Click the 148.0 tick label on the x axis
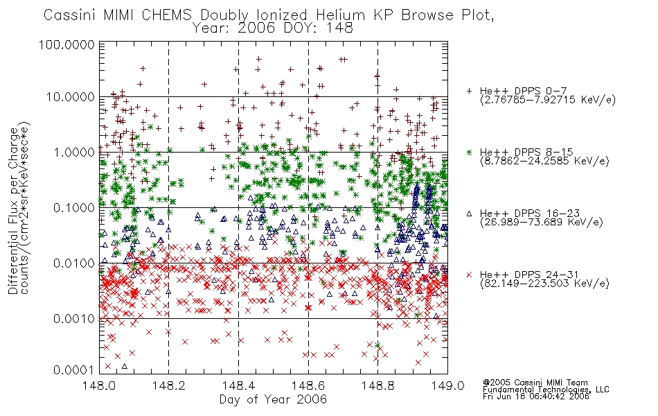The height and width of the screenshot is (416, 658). click(x=100, y=385)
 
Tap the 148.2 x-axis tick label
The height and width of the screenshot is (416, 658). click(x=169, y=385)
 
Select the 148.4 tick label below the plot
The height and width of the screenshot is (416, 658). click(x=239, y=385)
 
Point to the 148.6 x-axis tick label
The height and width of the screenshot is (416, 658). click(x=308, y=385)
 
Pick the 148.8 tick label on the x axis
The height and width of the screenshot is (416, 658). click(x=378, y=385)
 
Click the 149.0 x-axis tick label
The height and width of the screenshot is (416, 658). click(x=447, y=385)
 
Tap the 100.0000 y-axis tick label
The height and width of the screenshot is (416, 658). click(x=66, y=44)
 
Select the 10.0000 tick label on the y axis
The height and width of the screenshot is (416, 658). click(x=71, y=97)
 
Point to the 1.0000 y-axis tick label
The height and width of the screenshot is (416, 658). click(x=74, y=152)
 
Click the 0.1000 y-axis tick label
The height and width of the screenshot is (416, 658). click(x=74, y=207)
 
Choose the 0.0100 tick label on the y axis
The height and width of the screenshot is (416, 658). click(x=74, y=263)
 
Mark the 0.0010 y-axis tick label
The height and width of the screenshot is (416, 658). click(x=74, y=318)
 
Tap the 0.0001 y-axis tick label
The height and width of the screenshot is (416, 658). click(x=74, y=370)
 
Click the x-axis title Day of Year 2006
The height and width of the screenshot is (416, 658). click(x=273, y=399)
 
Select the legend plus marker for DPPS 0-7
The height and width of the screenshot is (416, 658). click(x=469, y=91)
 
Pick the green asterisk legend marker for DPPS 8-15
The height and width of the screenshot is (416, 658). click(x=469, y=152)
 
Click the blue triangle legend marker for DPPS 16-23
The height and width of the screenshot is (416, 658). click(x=469, y=214)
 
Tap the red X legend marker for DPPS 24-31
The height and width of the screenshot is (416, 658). click(x=469, y=275)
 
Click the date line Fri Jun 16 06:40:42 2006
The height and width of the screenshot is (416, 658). click(x=536, y=397)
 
